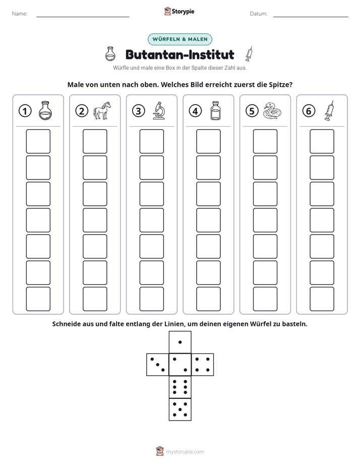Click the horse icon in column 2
click(102, 110)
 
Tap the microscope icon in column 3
click(159, 110)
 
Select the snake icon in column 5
click(272, 111)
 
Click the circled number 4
click(195, 111)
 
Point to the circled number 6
click(309, 111)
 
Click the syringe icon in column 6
click(329, 110)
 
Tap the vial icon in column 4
click(215, 110)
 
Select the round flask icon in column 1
click(45, 110)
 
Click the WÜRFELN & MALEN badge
click(180, 39)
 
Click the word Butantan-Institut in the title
click(179, 54)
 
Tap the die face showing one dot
click(180, 342)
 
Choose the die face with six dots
click(180, 387)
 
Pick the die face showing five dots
click(180, 409)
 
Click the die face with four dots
click(202, 364)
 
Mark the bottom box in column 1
click(38, 299)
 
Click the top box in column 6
click(322, 141)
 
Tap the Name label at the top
click(20, 14)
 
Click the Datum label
click(259, 14)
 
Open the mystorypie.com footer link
click(185, 452)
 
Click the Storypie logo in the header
click(179, 11)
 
